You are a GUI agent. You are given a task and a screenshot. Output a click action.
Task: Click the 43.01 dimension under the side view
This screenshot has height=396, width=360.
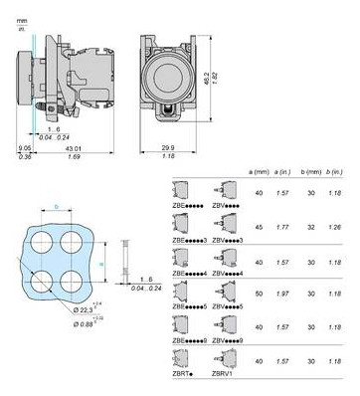click(x=83, y=148)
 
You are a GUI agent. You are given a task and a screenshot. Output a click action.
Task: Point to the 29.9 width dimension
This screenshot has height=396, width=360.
click(x=164, y=147)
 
